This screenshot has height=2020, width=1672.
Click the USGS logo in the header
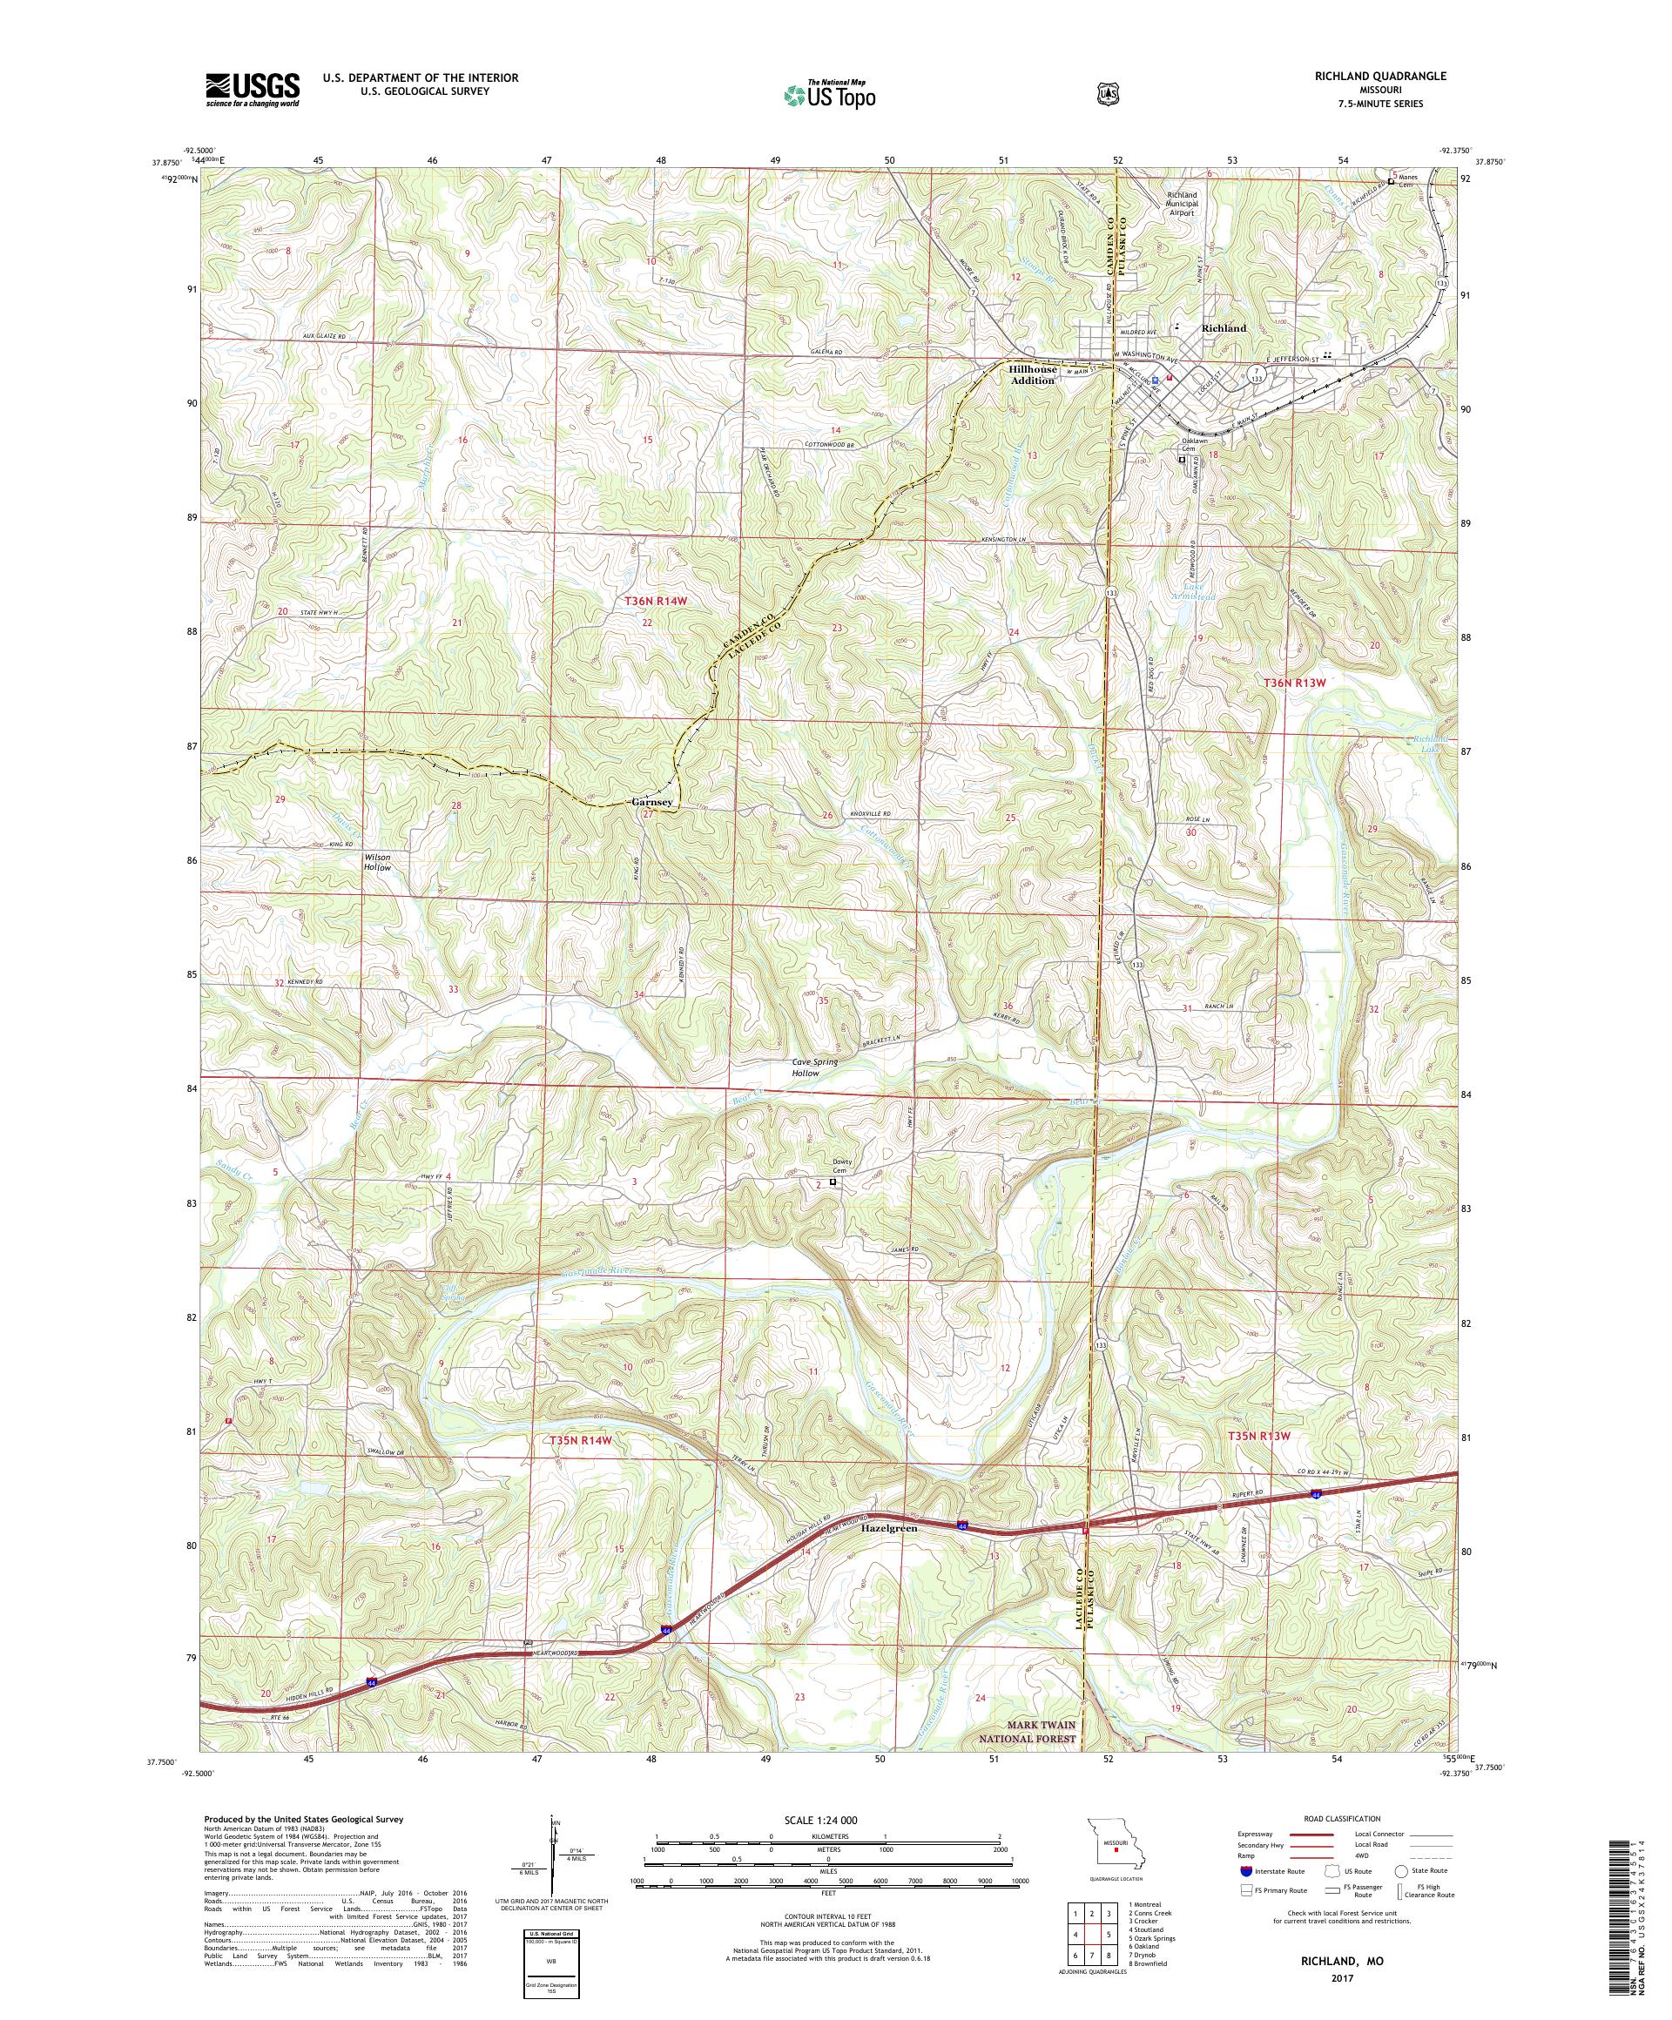[252, 91]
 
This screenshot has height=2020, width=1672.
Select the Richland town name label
[1223, 328]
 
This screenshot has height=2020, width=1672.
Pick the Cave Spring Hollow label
[814, 1067]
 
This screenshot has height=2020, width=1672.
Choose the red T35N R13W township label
[1257, 1436]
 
